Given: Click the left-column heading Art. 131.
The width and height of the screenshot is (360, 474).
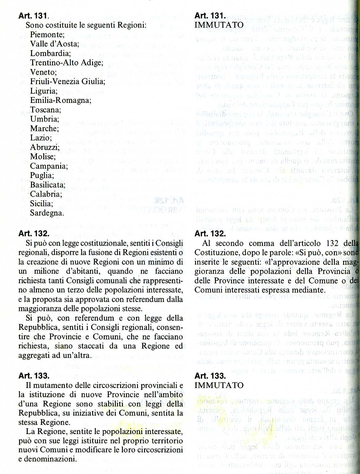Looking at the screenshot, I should [x=33, y=16].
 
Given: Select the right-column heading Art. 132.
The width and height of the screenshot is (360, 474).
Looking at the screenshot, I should [x=210, y=233].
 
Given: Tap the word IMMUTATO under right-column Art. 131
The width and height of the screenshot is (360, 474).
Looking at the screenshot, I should [x=219, y=25].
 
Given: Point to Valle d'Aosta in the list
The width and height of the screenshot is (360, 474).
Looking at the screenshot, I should [x=54, y=44].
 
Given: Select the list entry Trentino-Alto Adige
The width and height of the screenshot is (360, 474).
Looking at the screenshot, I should [x=66, y=63].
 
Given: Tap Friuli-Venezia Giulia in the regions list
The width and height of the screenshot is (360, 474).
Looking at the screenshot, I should [x=68, y=81].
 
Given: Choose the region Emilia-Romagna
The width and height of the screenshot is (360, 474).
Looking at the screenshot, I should [x=61, y=100].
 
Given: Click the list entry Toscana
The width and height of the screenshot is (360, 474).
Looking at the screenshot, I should [x=45, y=110].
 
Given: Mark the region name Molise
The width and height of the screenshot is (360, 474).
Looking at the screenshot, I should [x=43, y=157].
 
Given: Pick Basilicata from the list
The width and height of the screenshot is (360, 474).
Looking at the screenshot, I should [x=48, y=185].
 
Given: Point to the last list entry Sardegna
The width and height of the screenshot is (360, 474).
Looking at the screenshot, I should [x=47, y=213].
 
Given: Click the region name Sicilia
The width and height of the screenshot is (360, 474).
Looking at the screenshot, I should [x=41, y=204].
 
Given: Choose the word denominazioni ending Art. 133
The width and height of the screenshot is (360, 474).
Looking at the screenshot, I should [x=51, y=459].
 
